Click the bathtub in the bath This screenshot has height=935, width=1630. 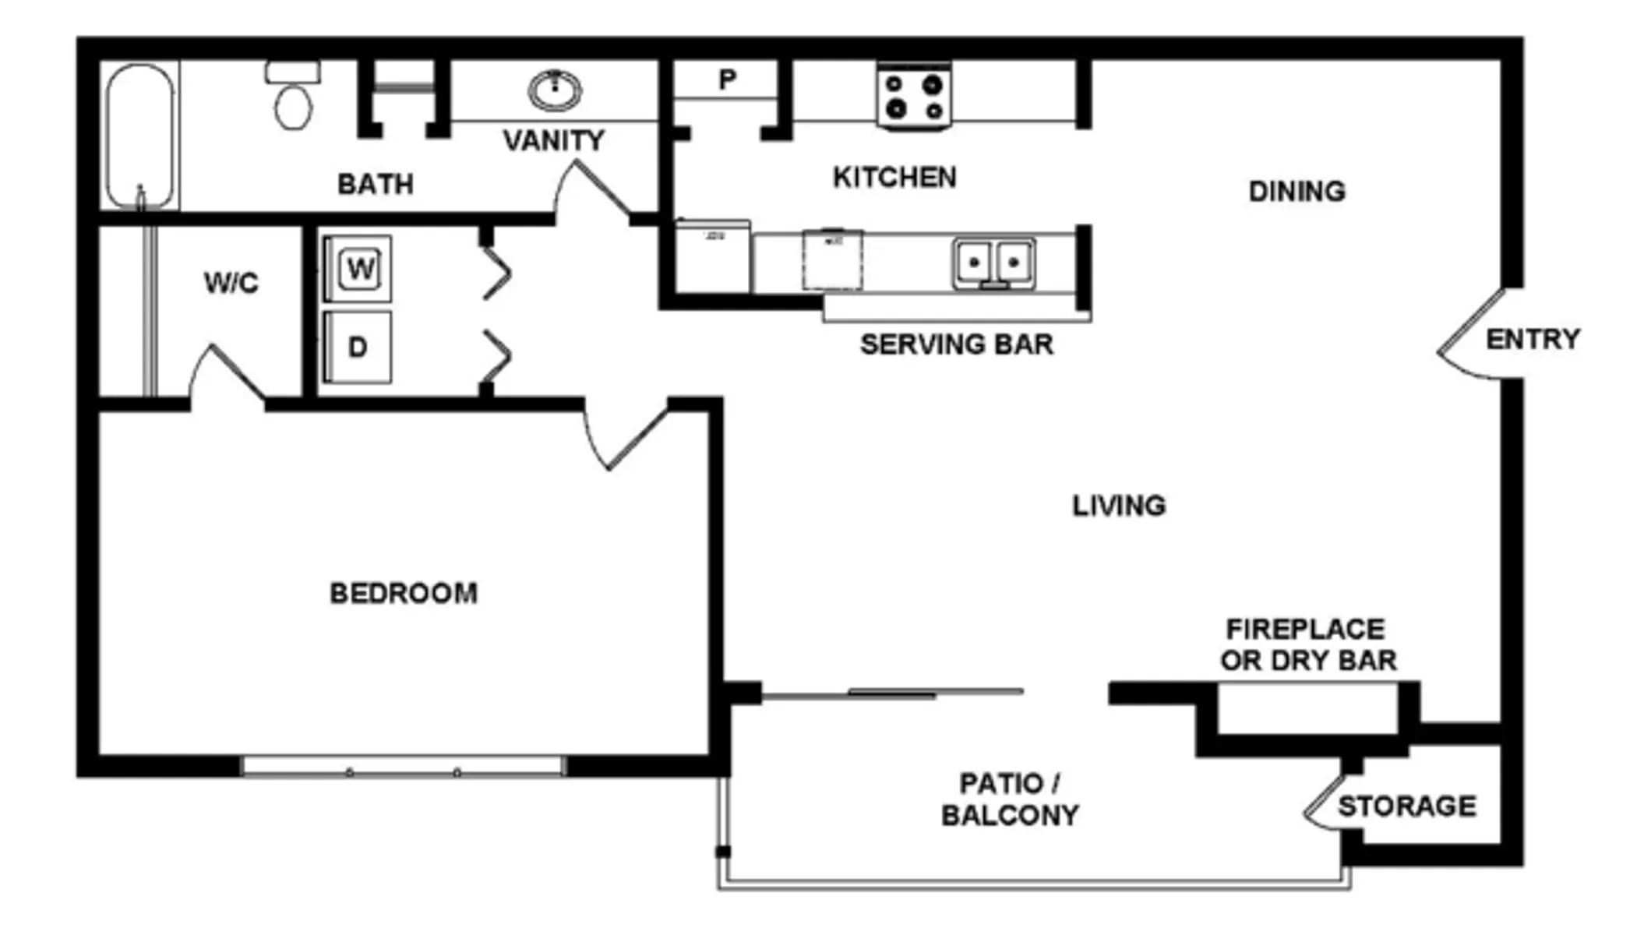(x=140, y=136)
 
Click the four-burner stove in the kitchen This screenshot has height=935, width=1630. (x=914, y=96)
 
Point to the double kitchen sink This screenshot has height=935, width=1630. (x=993, y=263)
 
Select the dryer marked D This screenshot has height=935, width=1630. (x=358, y=347)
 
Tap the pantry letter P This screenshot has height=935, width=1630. (x=727, y=79)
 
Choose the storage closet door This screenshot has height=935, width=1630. (x=1325, y=803)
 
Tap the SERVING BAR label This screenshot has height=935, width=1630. (x=956, y=344)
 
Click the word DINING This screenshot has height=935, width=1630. (x=1297, y=192)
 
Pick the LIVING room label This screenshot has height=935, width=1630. (x=1119, y=506)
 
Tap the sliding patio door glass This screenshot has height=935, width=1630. (x=892, y=693)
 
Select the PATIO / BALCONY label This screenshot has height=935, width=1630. (x=1010, y=799)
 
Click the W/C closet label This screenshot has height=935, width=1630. (x=231, y=283)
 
